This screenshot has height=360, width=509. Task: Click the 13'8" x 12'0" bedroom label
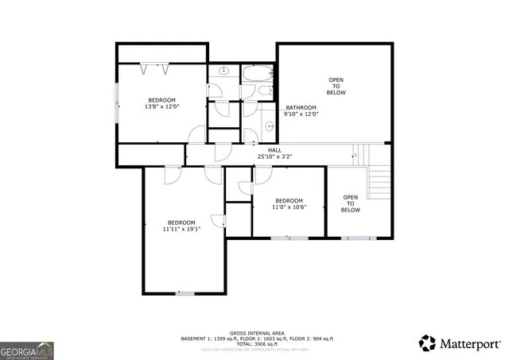[162, 103]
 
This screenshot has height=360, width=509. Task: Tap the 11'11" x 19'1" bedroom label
[181, 226]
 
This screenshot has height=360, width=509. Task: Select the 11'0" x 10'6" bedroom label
[289, 203]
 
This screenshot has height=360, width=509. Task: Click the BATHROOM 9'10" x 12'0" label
[301, 110]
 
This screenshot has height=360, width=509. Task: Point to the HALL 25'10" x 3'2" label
[274, 153]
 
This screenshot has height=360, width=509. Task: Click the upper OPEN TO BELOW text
[336, 86]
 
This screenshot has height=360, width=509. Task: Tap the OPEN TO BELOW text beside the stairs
[351, 203]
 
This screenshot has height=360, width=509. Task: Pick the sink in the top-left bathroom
[223, 72]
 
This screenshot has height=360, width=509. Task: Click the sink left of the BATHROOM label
[269, 126]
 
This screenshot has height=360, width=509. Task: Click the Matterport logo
[460, 343]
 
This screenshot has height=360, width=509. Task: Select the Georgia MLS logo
[27, 350]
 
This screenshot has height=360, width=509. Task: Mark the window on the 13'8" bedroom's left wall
[117, 103]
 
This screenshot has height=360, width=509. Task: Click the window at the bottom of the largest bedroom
[185, 293]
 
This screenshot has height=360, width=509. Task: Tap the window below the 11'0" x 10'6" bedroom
[289, 238]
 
